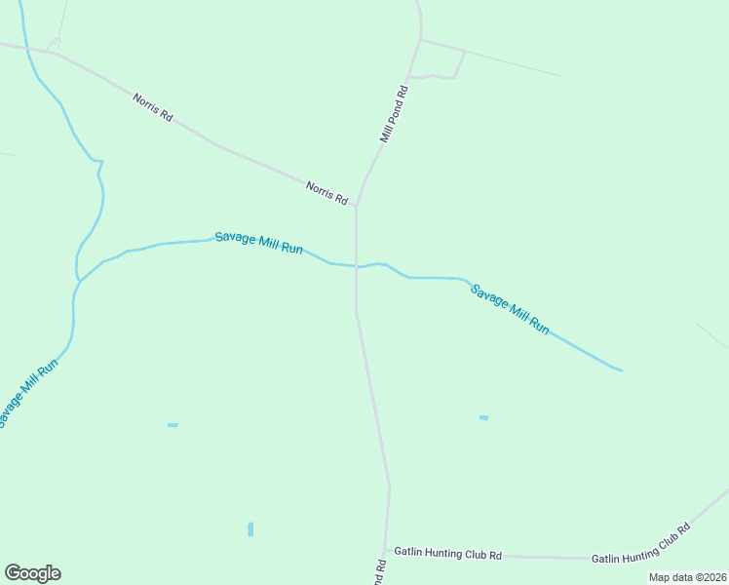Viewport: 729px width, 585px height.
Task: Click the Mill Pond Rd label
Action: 394,115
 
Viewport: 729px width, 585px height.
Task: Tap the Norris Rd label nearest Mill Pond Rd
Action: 326,192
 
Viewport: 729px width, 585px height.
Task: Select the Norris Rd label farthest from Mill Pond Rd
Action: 154,106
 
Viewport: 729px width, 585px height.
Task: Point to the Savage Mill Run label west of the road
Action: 259,243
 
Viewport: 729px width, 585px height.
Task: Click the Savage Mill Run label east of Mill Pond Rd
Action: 510,309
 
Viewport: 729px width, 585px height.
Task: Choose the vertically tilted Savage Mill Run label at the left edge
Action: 29,393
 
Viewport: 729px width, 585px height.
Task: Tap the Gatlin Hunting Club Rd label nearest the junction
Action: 447,554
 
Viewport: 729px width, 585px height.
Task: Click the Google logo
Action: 32,573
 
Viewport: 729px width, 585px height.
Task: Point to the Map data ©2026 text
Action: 687,577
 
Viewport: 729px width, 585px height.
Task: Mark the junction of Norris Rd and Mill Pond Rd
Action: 357,206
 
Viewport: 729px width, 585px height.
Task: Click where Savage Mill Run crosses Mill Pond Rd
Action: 357,266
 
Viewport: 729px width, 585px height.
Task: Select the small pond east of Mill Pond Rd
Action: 483,418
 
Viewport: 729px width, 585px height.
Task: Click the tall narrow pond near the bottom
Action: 250,529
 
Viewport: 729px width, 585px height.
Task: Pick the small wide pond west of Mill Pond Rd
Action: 173,425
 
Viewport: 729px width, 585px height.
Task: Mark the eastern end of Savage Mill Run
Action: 620,370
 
